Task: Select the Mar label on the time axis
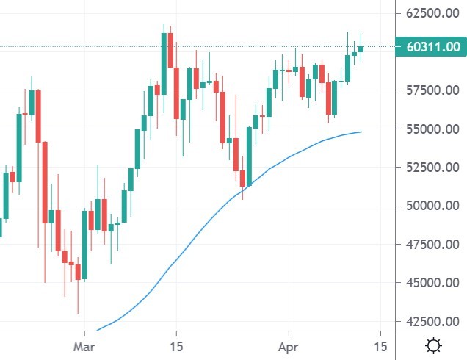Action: pyautogui.click(x=86, y=345)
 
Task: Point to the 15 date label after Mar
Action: pyautogui.click(x=176, y=345)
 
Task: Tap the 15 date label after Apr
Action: pyautogui.click(x=380, y=345)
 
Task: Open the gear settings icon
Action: pyautogui.click(x=434, y=345)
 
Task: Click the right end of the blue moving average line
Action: pyautogui.click(x=361, y=132)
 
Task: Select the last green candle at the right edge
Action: pyautogui.click(x=361, y=48)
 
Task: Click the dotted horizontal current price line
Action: pyautogui.click(x=220, y=47)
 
